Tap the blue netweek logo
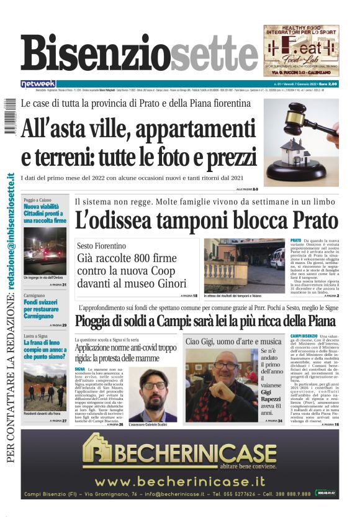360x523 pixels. click(38, 84)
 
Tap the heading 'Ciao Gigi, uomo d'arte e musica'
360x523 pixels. click(233, 342)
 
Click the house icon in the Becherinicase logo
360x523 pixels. click(99, 450)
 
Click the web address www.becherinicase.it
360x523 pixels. click(179, 481)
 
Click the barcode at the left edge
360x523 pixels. click(7, 116)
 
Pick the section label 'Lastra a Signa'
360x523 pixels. click(38, 336)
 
